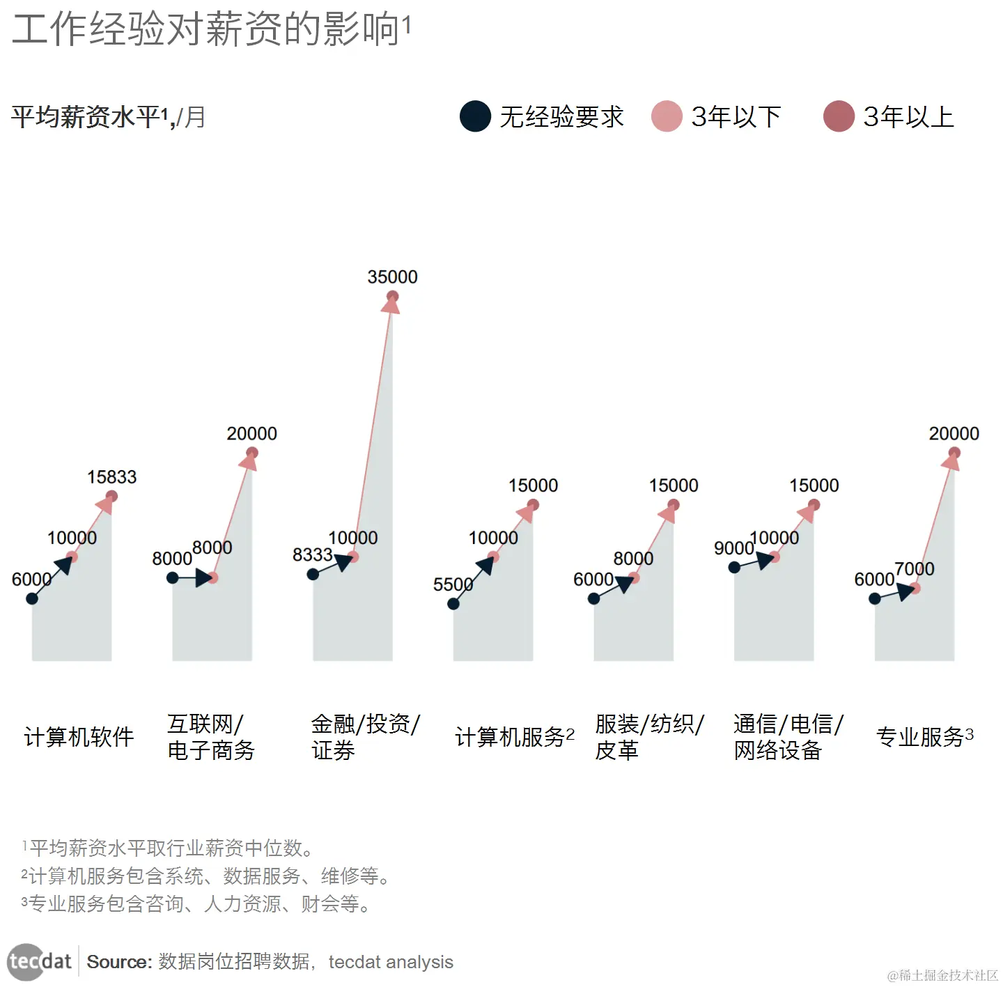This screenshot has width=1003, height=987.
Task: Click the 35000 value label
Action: pos(392,277)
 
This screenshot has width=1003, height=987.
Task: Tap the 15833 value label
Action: pos(111,477)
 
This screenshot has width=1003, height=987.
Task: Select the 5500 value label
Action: pos(453,584)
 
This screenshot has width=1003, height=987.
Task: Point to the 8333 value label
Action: pos(312,554)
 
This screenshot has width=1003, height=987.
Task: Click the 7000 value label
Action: pos(914,569)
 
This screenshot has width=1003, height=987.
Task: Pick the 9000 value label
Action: pos(733,548)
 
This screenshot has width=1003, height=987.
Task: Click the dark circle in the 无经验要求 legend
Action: pos(476,116)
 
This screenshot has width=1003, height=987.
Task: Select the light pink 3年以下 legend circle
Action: pos(667,116)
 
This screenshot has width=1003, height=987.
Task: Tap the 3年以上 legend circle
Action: pos(839,116)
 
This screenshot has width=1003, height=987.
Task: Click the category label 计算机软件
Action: pos(79,737)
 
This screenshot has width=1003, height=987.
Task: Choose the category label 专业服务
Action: pos(919,737)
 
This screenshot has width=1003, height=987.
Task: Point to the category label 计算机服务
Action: pos(510,737)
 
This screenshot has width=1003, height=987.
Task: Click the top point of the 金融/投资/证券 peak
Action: pos(392,297)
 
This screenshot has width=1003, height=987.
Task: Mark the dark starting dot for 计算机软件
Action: pos(32,598)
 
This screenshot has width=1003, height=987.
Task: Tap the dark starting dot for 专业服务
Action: pos(875,598)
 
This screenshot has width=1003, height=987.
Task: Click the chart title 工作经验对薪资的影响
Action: pos(206,29)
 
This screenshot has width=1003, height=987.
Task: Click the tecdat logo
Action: pos(40,962)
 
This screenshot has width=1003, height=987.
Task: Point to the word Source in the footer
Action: pos(118,962)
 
